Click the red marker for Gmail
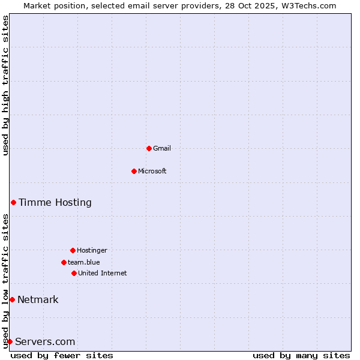pyautogui.click(x=149, y=148)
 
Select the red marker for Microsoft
pyautogui.click(x=134, y=171)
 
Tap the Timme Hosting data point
pyautogui.click(x=13, y=202)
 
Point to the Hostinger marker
pyautogui.click(x=73, y=250)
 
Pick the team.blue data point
pyautogui.click(x=64, y=262)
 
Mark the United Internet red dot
pyautogui.click(x=74, y=273)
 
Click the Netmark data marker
pyautogui.click(x=12, y=299)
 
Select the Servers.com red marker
pyautogui.click(x=10, y=341)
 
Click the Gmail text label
pyautogui.click(x=162, y=148)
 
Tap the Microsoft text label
pyautogui.click(x=152, y=171)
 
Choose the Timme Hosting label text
pyautogui.click(x=55, y=202)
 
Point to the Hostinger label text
pyautogui.click(x=92, y=250)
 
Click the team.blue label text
pyautogui.click(x=84, y=262)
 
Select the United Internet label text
pyautogui.click(x=103, y=273)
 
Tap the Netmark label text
pyautogui.click(x=38, y=299)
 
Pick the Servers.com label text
pyautogui.click(x=45, y=341)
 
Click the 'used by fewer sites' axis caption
pyautogui.click(x=62, y=355)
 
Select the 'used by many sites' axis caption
pyautogui.click(x=301, y=355)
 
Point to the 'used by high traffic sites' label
pyautogui.click(x=5, y=85)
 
